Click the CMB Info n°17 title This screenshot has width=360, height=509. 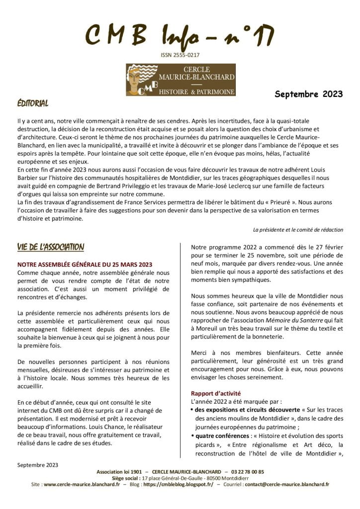pyautogui.click(x=180, y=36)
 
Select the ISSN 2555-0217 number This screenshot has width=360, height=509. pyautogui.click(x=180, y=55)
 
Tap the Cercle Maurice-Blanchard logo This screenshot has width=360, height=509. pyautogui.click(x=174, y=80)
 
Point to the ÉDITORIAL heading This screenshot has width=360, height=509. pyautogui.click(x=32, y=104)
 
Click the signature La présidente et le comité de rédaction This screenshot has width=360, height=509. pyautogui.click(x=298, y=230)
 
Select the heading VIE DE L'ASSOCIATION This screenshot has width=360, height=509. pyautogui.click(x=50, y=247)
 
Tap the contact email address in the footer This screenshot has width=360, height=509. pyautogui.click(x=287, y=484)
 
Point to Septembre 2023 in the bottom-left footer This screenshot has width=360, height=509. pyautogui.click(x=38, y=465)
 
